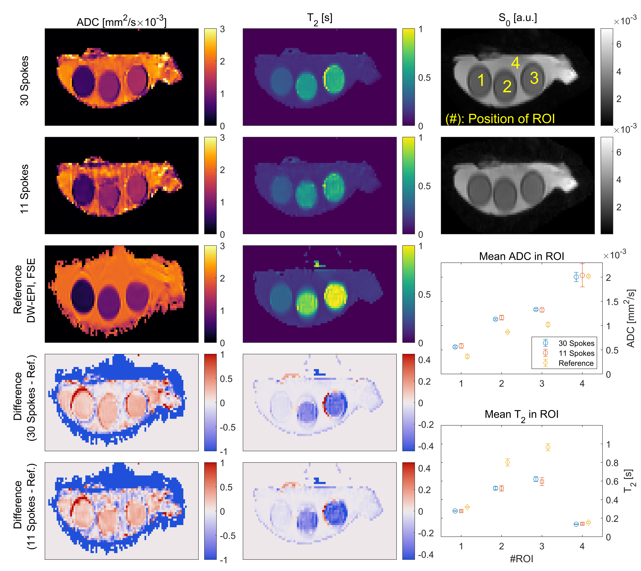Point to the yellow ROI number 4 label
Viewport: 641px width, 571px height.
pyautogui.click(x=515, y=63)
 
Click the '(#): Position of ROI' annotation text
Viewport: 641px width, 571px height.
pyautogui.click(x=500, y=119)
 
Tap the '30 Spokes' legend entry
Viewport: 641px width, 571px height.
pyautogui.click(x=576, y=343)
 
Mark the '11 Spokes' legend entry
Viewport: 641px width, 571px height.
pyautogui.click(x=576, y=353)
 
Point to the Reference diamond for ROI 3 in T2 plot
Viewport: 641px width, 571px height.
pyautogui.click(x=548, y=447)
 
